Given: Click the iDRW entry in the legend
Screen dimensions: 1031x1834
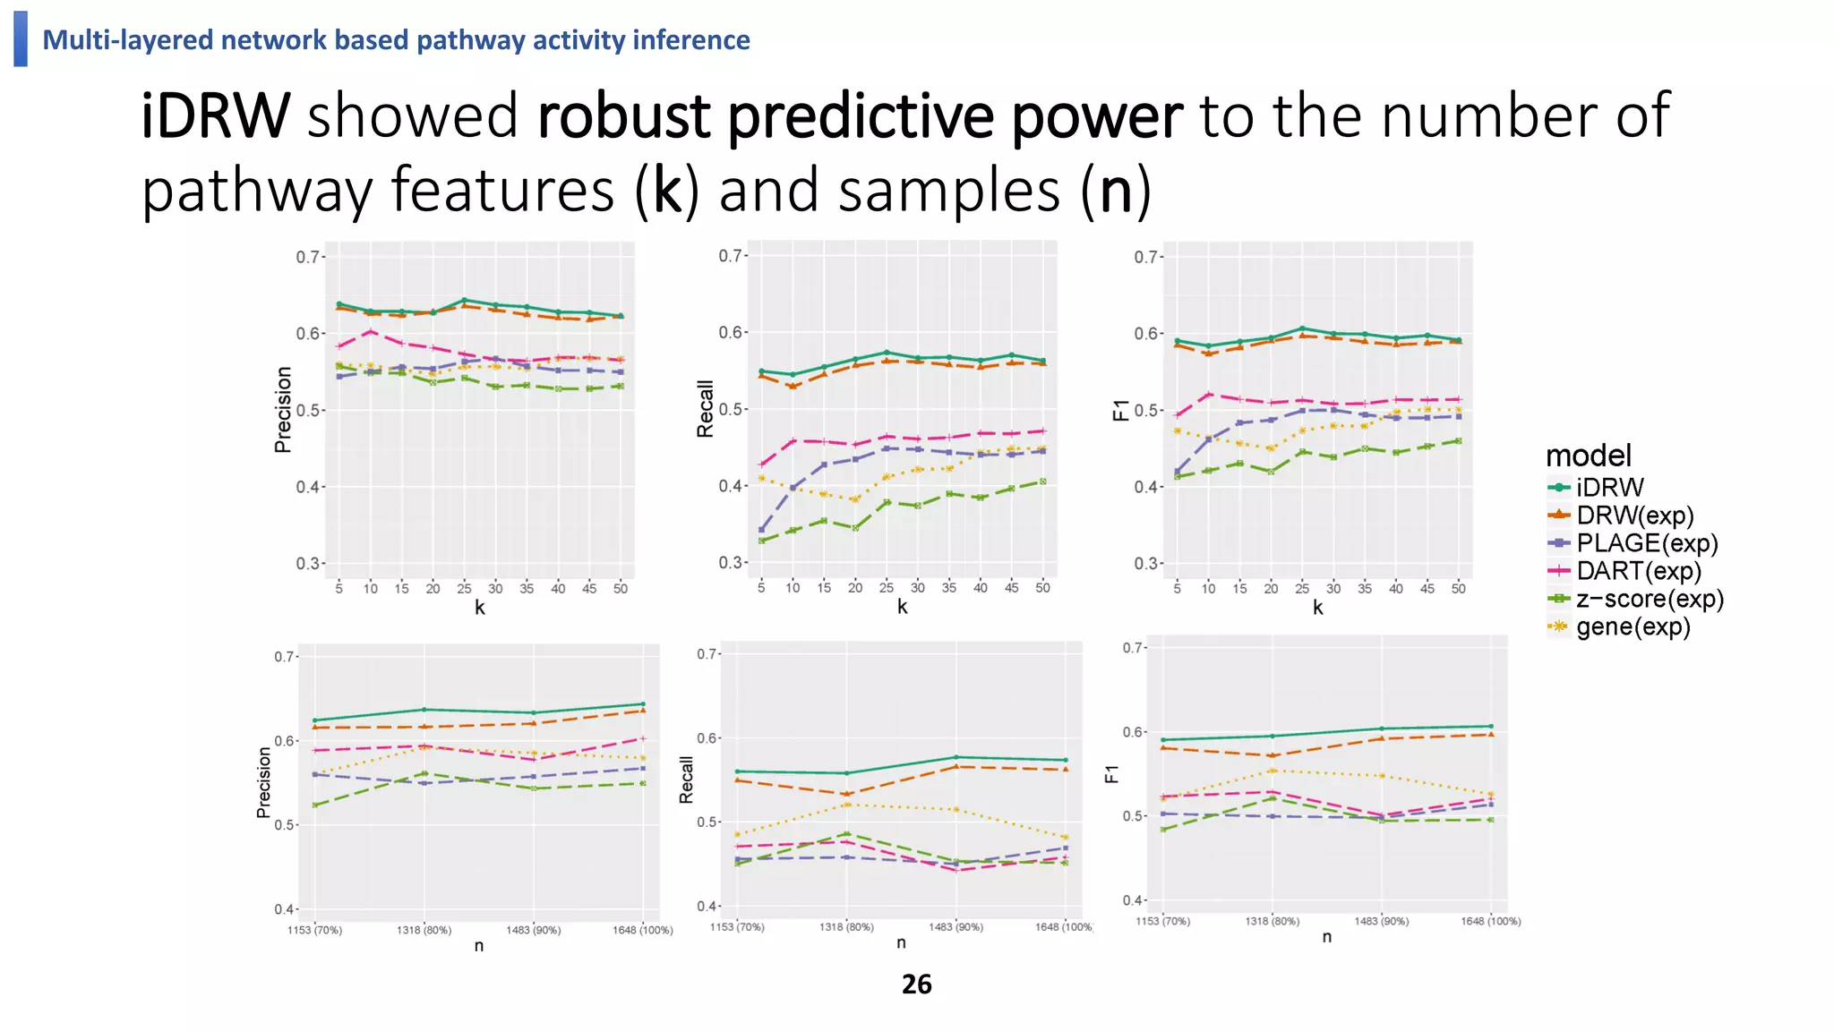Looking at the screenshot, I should (x=1609, y=488).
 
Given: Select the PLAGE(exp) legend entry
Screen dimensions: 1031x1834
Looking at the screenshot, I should (x=1646, y=543).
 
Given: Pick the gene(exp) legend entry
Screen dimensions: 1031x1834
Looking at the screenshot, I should (x=1633, y=626).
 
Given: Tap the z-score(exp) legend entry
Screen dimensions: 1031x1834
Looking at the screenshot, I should (x=1649, y=599).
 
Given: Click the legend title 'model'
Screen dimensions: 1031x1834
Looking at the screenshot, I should (x=1588, y=456).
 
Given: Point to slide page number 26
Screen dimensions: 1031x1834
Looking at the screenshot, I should (x=916, y=984).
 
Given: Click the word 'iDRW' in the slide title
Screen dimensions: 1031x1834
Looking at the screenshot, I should (x=216, y=116).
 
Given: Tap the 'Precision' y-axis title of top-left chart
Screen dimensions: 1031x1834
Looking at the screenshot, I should (x=283, y=410).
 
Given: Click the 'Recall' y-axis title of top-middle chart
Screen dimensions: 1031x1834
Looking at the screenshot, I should (x=706, y=409).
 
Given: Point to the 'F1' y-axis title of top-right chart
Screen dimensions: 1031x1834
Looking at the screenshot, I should (x=1120, y=411).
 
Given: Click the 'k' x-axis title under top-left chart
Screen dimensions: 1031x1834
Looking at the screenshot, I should (x=479, y=609).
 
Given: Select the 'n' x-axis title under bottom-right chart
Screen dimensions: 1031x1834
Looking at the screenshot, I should (x=1326, y=937).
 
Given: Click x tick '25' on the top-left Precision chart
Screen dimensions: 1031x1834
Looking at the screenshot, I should (x=464, y=589).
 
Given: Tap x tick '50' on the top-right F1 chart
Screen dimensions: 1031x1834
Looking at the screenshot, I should (x=1458, y=589).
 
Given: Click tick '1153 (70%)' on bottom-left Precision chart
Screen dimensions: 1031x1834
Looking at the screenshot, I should (x=314, y=931).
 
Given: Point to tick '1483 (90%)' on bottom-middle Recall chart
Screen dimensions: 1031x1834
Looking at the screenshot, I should (x=956, y=927).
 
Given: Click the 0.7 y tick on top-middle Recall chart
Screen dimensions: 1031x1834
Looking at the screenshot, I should (x=731, y=256).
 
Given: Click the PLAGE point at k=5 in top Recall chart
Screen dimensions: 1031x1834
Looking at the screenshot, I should (x=761, y=530).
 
